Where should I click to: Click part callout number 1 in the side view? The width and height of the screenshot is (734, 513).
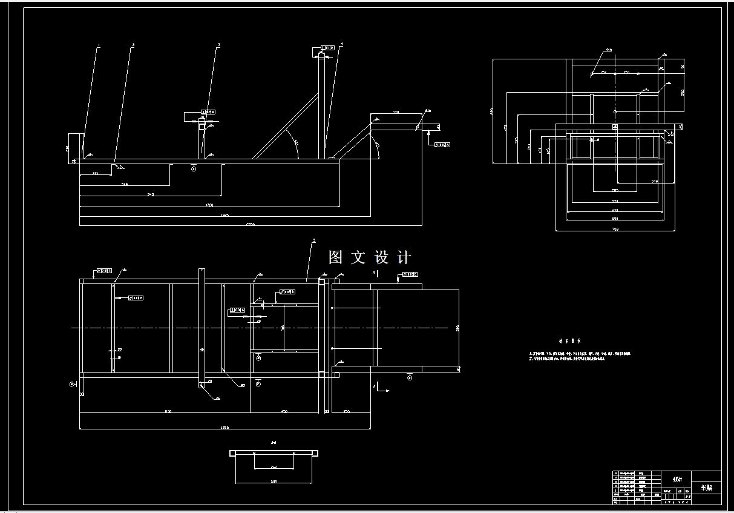click(99, 45)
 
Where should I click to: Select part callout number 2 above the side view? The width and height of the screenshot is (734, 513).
click(133, 45)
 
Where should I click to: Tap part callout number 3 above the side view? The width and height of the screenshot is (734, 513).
click(218, 45)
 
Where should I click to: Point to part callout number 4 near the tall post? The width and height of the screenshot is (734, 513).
click(342, 44)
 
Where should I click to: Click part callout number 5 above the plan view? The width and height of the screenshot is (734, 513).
click(313, 241)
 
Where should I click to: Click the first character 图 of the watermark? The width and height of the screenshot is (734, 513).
click(336, 257)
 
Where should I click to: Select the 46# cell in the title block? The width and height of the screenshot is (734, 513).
click(677, 477)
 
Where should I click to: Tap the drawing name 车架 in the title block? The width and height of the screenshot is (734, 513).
click(706, 488)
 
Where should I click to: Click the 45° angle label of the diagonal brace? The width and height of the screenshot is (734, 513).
click(296, 143)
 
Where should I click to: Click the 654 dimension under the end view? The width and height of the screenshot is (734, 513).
click(614, 218)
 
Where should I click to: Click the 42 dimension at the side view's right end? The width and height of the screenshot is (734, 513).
click(437, 127)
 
